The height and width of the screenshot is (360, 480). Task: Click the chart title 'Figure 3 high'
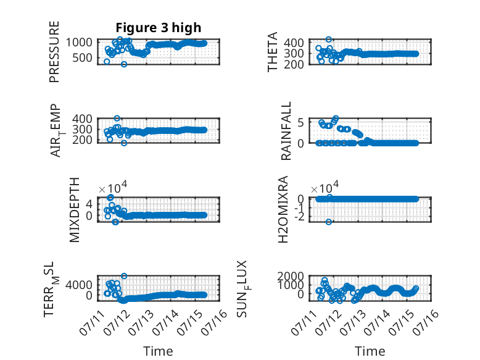pyautogui.click(x=159, y=28)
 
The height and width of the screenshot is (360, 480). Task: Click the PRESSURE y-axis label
pyautogui.click(x=54, y=52)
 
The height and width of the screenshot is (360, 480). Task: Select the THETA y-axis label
pyautogui.click(x=272, y=52)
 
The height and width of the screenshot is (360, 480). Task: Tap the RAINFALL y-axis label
pyautogui.click(x=286, y=131)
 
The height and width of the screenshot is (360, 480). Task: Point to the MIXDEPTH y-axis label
pyautogui.click(x=75, y=210)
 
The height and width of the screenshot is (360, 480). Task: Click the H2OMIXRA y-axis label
pyautogui.click(x=283, y=209)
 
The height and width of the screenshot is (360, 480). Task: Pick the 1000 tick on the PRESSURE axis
pyautogui.click(x=79, y=42)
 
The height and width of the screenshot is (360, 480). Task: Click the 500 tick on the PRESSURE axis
pyautogui.click(x=82, y=57)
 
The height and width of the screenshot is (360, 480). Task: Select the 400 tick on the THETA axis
pyautogui.click(x=294, y=43)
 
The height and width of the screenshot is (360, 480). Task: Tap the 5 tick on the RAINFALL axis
pyautogui.click(x=300, y=122)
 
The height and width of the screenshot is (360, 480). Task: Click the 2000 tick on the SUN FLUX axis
pyautogui.click(x=291, y=276)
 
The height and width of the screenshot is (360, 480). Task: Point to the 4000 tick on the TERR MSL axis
pyautogui.click(x=79, y=285)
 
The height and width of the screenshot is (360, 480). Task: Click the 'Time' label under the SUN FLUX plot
pyautogui.click(x=370, y=351)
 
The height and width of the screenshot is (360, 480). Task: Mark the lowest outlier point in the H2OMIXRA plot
pyautogui.click(x=328, y=222)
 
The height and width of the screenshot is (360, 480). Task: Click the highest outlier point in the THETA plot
pyautogui.click(x=328, y=40)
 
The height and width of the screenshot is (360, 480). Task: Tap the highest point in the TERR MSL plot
pyautogui.click(x=123, y=276)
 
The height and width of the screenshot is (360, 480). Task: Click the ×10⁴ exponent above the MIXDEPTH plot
pyautogui.click(x=113, y=188)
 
